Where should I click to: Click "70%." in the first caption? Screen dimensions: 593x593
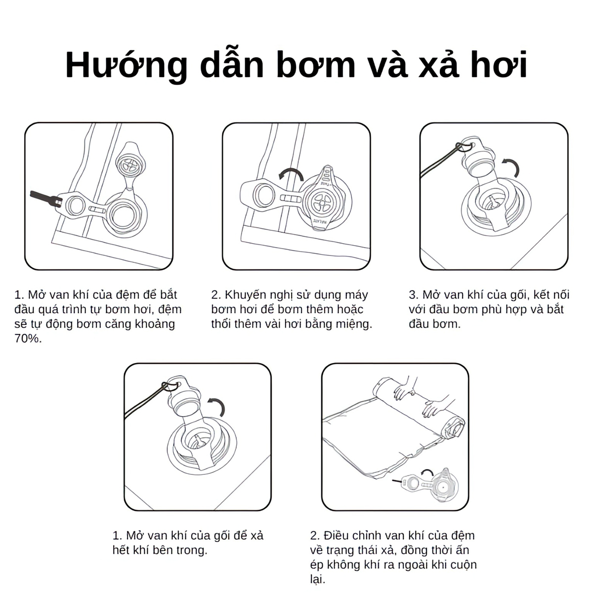tap(28, 339)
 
